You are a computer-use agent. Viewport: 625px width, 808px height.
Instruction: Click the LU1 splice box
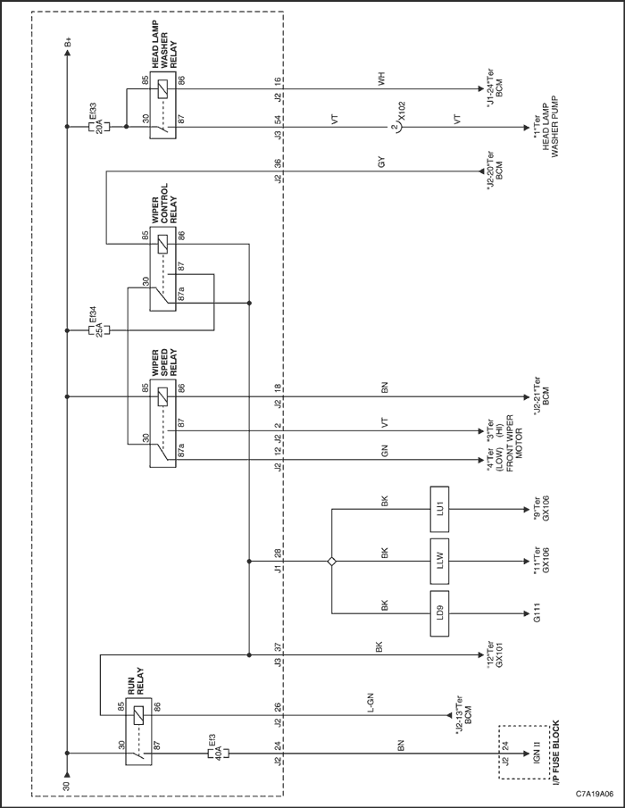coord(439,509)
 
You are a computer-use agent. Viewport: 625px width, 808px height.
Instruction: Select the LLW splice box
coord(439,562)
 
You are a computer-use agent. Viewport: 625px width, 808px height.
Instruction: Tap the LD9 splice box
coord(439,613)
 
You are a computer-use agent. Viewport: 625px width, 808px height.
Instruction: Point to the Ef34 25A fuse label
coord(96,323)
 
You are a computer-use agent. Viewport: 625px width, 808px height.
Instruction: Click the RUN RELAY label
coord(135,680)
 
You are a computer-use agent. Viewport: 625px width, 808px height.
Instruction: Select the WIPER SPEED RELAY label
coord(164,362)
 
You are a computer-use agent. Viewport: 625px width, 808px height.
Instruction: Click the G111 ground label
coord(537,613)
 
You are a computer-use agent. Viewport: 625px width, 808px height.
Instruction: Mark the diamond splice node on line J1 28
coord(331,562)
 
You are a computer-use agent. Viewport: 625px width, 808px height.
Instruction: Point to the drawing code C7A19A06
coord(595,796)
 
